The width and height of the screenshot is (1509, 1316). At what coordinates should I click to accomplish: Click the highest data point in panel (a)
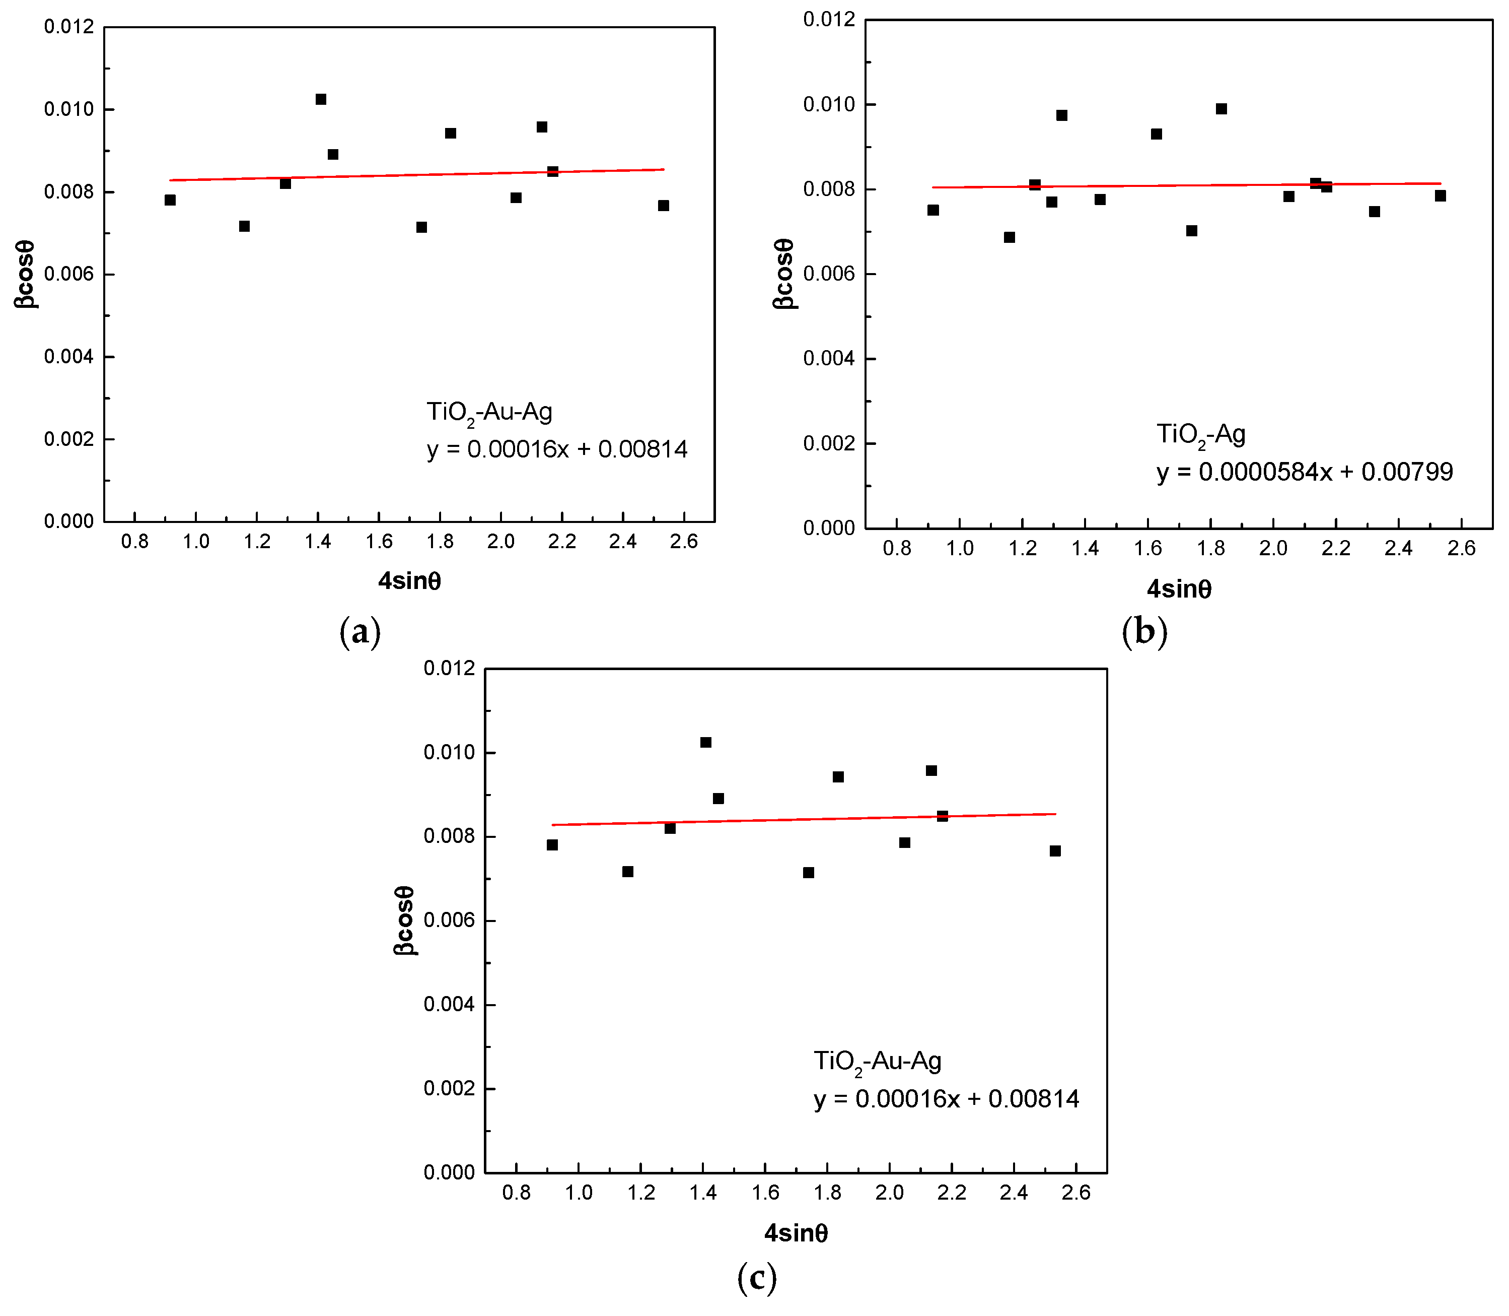(x=321, y=99)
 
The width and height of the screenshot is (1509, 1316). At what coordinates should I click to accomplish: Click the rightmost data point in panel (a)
(x=664, y=206)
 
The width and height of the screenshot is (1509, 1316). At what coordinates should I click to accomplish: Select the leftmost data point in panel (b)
(x=933, y=210)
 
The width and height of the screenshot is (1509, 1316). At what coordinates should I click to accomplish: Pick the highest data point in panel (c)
(x=706, y=743)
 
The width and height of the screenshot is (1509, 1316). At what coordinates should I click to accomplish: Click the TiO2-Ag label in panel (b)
(x=1201, y=435)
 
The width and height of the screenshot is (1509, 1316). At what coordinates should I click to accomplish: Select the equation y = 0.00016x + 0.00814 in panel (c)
(x=947, y=1099)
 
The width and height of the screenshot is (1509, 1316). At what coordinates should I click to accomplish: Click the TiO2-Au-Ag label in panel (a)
(x=489, y=412)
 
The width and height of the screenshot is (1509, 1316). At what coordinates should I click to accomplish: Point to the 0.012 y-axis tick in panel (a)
(x=69, y=27)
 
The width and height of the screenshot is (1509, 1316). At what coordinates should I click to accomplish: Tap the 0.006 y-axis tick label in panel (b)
(x=829, y=274)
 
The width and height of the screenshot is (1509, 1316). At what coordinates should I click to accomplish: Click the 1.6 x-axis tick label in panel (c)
(x=765, y=1193)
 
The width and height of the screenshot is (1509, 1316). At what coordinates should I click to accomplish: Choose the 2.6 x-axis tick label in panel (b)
(x=1461, y=549)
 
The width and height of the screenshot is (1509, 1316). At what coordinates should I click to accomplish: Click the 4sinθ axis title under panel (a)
(x=409, y=581)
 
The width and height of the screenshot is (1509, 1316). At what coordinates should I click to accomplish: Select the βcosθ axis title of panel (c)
(x=404, y=920)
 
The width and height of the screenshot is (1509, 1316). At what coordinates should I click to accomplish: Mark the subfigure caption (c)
(x=757, y=1279)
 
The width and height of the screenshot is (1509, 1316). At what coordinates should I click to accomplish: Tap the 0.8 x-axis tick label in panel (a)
(x=135, y=542)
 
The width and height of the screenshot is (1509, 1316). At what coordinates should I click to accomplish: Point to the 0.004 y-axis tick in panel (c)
(x=449, y=1005)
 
